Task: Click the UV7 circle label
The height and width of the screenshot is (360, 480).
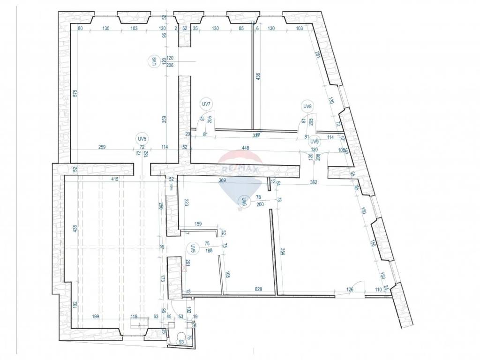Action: [206, 104]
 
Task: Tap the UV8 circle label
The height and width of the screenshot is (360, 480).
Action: [307, 107]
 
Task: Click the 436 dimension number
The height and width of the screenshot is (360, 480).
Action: [258, 78]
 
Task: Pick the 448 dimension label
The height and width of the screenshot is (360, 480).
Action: [245, 148]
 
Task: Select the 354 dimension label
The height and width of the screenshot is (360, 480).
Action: [283, 252]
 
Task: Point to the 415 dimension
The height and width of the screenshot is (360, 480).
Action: [114, 179]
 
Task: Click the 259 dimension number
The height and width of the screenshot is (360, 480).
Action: [103, 147]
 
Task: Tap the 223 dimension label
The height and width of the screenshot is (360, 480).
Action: [186, 202]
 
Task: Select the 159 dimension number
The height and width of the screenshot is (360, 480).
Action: [198, 224]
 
